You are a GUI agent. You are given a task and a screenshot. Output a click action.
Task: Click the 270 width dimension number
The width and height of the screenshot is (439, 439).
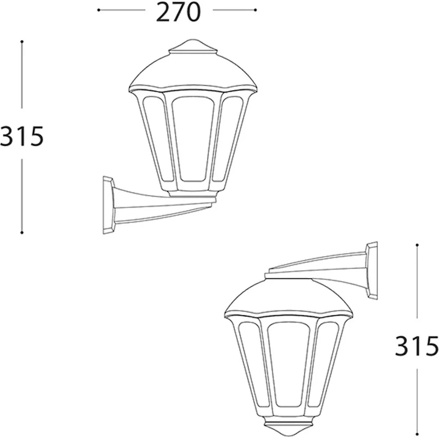point(178,12)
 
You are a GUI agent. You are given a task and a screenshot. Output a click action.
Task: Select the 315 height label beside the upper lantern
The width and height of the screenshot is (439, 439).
point(22,136)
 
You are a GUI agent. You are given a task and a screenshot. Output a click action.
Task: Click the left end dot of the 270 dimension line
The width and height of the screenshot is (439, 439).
point(98,10)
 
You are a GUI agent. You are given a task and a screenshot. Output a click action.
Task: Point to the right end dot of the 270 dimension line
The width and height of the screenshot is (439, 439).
point(255,10)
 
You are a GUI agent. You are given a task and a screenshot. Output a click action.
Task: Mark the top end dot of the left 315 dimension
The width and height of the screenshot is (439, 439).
point(22,42)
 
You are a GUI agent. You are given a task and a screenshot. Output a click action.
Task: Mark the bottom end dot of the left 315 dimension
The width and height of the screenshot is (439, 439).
point(22,233)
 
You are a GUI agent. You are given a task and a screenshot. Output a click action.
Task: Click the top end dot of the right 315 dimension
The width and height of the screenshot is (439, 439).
point(417,245)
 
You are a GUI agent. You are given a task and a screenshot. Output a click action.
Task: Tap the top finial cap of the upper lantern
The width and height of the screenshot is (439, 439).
point(193,47)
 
